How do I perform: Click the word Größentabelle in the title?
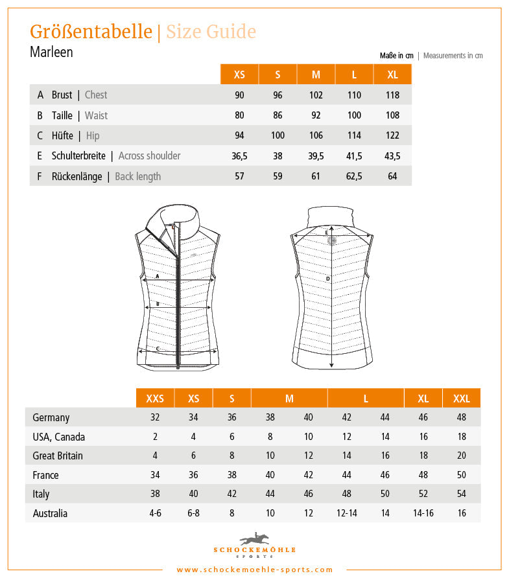[x=91, y=32]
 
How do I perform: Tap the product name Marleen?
[x=51, y=52]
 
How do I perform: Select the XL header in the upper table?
[x=392, y=75]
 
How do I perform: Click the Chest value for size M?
[x=316, y=95]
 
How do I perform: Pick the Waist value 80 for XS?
[x=239, y=115]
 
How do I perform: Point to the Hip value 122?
[x=392, y=135]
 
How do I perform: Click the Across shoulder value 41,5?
[x=354, y=156]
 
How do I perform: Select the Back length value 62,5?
[x=354, y=176]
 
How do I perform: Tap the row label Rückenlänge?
[x=77, y=176]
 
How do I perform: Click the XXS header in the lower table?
[x=155, y=399]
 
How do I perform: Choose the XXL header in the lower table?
[x=462, y=399]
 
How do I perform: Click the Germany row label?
[x=51, y=418]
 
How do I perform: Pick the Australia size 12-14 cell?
[x=347, y=513]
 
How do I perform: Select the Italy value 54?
[x=462, y=494]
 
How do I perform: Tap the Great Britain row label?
[x=58, y=456]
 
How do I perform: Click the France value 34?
[x=155, y=475]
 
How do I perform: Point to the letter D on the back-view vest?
[x=328, y=279]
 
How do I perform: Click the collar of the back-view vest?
[x=331, y=216]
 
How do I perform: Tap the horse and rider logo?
[x=255, y=539]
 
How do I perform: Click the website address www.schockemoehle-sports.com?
[x=255, y=570]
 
